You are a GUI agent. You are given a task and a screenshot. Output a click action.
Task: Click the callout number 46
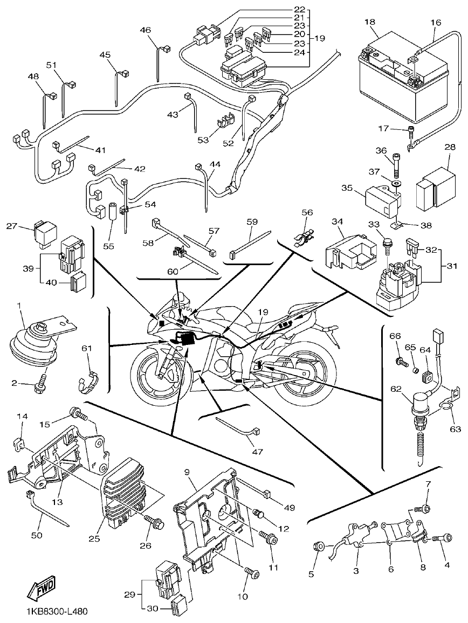click(146, 30)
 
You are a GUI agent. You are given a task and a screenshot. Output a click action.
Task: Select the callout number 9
click(186, 472)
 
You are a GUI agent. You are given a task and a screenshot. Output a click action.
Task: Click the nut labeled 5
click(320, 546)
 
